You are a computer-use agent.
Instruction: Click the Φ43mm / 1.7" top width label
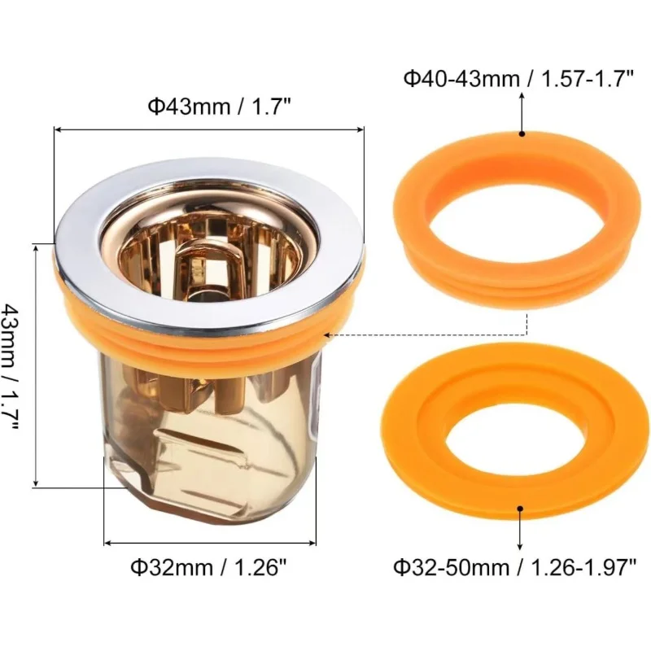[x=219, y=107]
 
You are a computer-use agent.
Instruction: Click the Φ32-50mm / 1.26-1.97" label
[x=515, y=566]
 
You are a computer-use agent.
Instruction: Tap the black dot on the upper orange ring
[x=522, y=133]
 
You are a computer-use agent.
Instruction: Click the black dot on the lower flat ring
[x=520, y=508]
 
